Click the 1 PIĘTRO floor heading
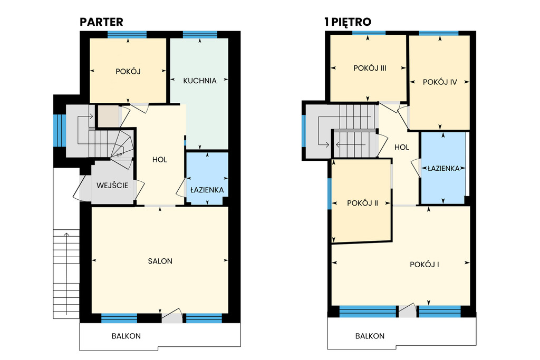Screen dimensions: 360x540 (x=348, y=22)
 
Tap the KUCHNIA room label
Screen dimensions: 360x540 (x=200, y=81)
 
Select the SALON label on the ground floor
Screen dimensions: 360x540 (x=160, y=261)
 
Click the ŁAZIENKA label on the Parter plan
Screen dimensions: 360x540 (x=207, y=190)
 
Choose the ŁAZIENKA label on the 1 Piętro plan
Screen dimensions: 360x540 (x=443, y=168)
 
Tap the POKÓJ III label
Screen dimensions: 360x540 (x=370, y=68)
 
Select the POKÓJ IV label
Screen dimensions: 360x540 (x=439, y=82)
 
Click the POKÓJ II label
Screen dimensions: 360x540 (x=362, y=203)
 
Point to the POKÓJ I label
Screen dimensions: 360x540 (x=425, y=264)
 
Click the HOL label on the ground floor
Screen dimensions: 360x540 (x=160, y=160)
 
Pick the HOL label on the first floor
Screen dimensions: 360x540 (x=401, y=148)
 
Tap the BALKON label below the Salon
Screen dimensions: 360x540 (x=126, y=336)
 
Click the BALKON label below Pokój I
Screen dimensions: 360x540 (x=370, y=336)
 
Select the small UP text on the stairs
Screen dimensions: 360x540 (x=119, y=154)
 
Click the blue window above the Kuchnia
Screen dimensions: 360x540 (x=200, y=35)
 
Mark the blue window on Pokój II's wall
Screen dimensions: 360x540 (x=330, y=194)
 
